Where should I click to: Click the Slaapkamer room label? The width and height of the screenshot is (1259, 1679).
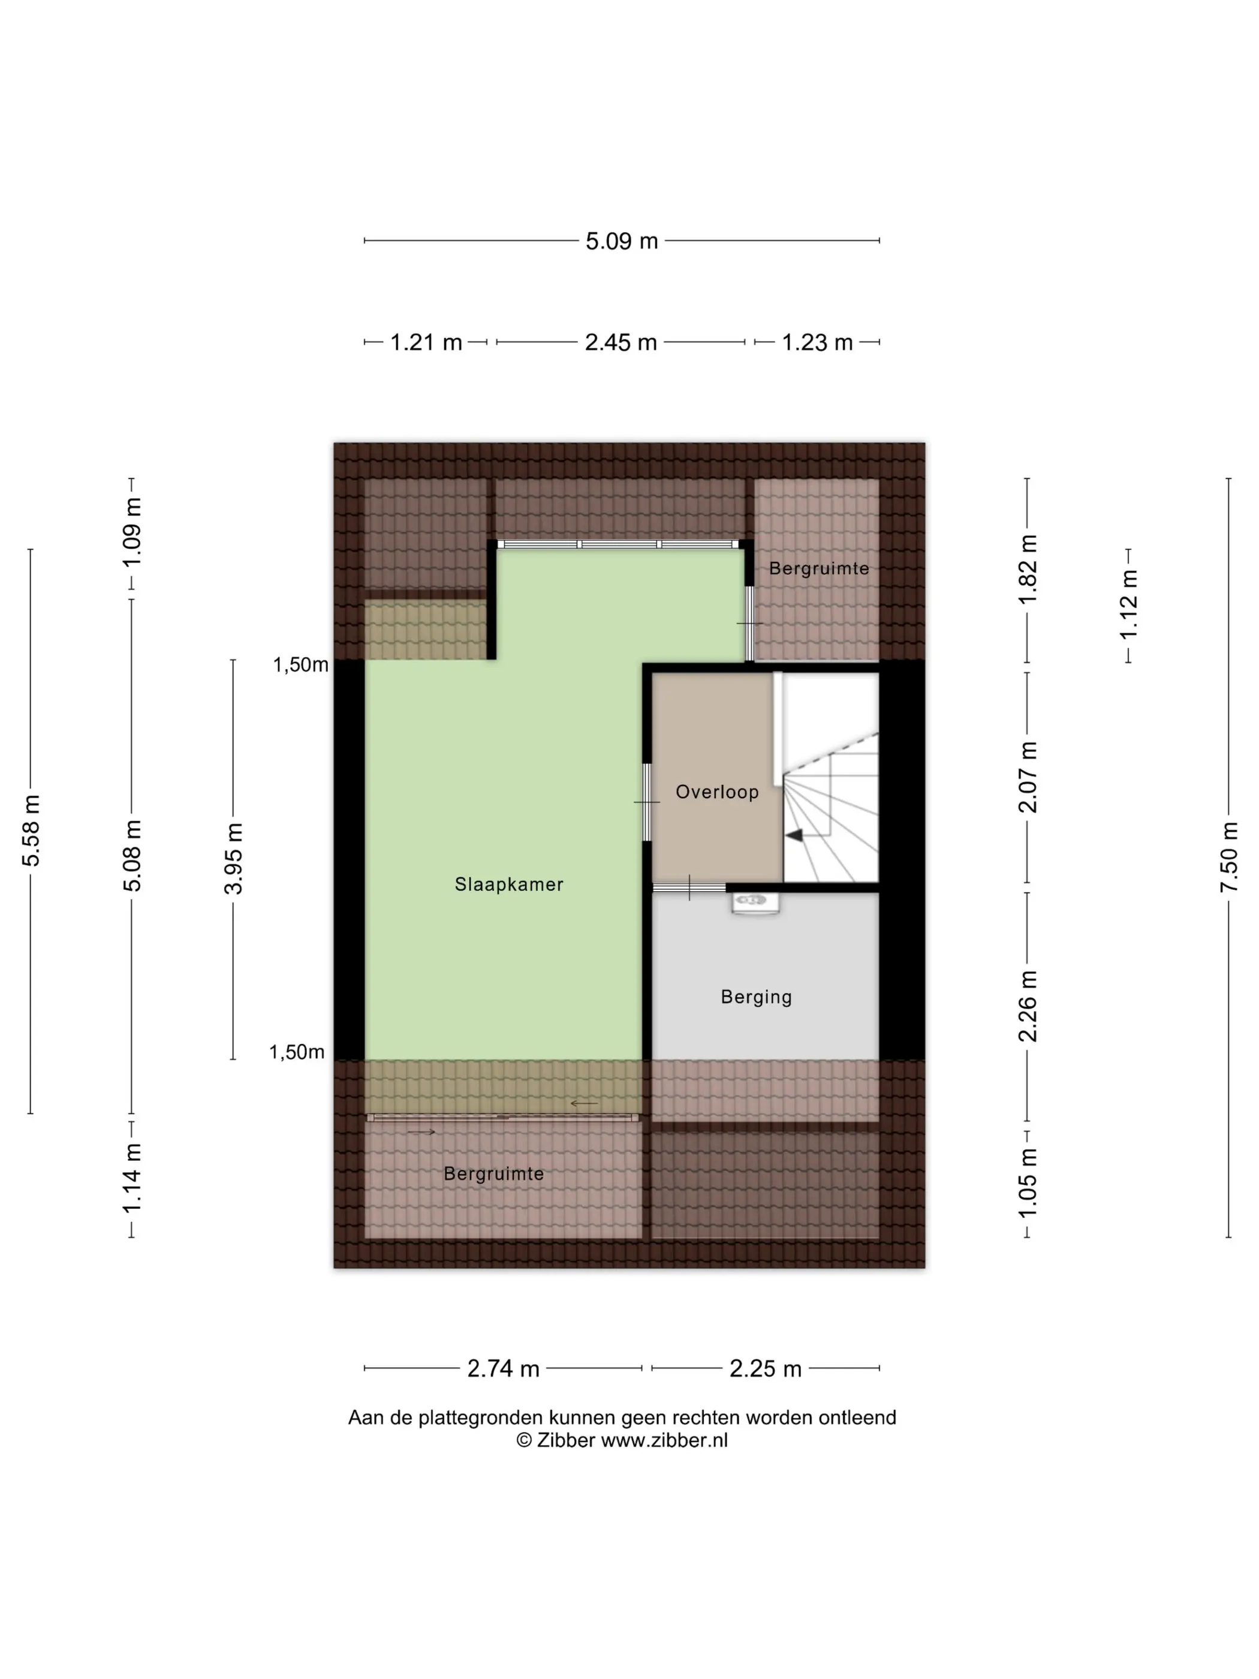click(508, 884)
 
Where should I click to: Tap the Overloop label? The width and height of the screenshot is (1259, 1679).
click(717, 792)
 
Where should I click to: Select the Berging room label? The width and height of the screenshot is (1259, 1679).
click(756, 997)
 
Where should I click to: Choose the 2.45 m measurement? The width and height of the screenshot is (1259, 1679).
click(621, 342)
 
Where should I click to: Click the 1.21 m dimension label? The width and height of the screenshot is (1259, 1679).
click(426, 342)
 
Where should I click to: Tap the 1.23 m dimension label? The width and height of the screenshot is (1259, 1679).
click(817, 342)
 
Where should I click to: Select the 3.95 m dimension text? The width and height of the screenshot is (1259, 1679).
click(234, 859)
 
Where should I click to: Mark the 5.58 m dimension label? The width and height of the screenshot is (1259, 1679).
click(31, 831)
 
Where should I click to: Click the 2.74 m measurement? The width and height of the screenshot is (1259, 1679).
click(503, 1368)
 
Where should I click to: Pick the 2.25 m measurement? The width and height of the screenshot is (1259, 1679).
click(765, 1368)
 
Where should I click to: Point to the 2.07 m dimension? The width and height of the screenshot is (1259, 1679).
click(1028, 777)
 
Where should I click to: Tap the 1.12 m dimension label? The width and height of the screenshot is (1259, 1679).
click(1130, 605)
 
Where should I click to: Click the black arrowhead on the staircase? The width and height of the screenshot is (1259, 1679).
click(794, 835)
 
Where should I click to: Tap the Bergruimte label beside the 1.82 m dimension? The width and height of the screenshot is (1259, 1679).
click(819, 568)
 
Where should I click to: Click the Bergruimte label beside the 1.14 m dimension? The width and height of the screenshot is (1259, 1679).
click(493, 1174)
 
